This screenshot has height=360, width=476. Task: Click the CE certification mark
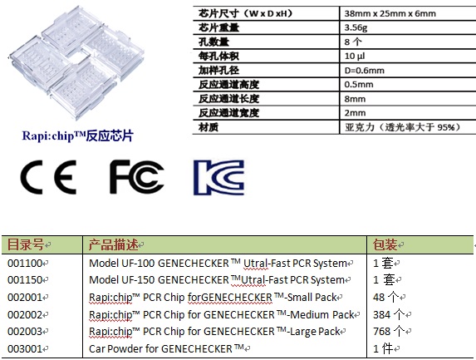[x=48, y=177]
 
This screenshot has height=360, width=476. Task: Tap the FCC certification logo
[x=136, y=177]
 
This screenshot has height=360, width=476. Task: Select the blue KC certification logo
[x=218, y=177]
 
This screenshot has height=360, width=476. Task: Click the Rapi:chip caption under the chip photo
[x=78, y=136]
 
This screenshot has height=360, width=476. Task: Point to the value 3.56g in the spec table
[x=356, y=27]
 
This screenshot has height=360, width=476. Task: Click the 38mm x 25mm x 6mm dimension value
[x=390, y=13]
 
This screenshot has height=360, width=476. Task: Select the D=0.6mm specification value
[x=365, y=71]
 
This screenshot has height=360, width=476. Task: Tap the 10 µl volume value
[x=355, y=56]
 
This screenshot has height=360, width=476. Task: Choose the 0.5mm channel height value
[x=359, y=85]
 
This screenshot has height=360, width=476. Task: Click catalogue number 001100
[x=25, y=263]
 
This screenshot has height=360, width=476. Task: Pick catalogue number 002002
[x=25, y=314]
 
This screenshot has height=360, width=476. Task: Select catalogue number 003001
[x=25, y=348]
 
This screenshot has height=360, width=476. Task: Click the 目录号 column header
[x=26, y=244]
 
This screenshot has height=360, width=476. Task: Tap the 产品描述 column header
[x=114, y=244]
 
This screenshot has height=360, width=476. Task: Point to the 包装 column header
[x=385, y=244]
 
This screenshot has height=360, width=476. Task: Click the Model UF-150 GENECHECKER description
[x=217, y=280]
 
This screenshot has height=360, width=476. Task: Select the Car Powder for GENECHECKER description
[x=166, y=348]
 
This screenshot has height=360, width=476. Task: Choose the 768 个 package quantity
[x=389, y=331]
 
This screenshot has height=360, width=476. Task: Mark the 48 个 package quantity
[x=385, y=297]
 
